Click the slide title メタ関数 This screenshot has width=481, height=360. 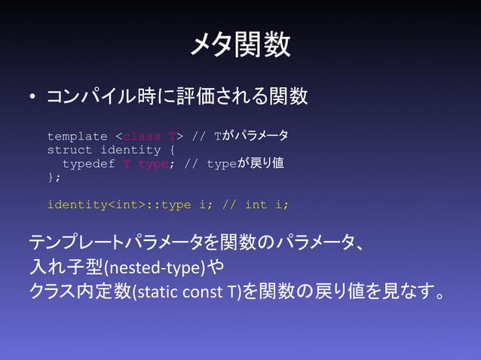pos(240,44)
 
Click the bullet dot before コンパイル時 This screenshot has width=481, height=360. pos(32,98)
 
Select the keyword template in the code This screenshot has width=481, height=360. pos(77,136)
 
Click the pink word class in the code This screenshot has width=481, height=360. pos(141,136)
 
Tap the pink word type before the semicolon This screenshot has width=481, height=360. pos(152,163)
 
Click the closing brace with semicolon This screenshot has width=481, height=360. pos(54,177)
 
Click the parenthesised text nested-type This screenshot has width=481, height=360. pos(155,267)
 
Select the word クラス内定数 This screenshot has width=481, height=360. pos(78,290)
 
